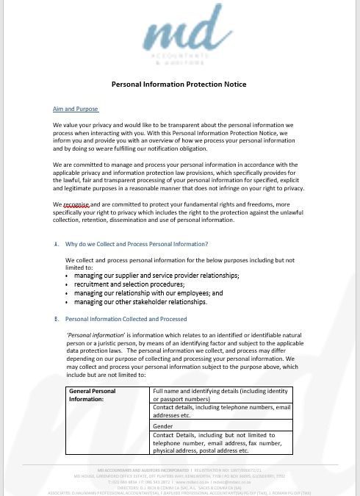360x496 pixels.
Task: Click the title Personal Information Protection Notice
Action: point(179,85)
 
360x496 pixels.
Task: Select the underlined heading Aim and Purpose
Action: point(75,109)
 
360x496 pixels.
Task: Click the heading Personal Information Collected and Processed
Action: point(126,319)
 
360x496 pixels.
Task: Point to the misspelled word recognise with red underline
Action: point(76,205)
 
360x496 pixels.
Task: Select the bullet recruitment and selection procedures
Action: point(139,284)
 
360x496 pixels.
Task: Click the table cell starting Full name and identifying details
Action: point(221,395)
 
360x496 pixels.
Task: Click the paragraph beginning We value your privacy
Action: point(173,137)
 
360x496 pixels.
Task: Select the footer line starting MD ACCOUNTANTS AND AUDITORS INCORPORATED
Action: point(180,469)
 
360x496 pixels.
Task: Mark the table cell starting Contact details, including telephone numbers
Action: point(221,411)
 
